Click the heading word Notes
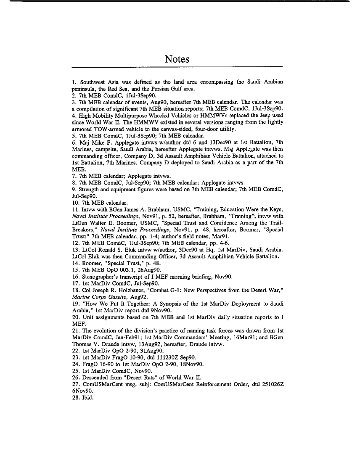[x=177, y=59]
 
